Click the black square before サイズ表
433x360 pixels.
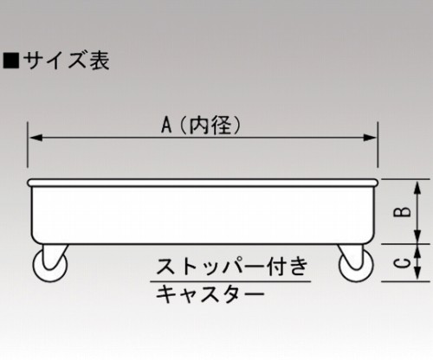[x=11, y=61]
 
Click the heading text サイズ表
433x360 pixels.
[x=67, y=61]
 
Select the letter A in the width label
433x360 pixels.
[x=166, y=125]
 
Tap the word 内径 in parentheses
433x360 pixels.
[x=210, y=125]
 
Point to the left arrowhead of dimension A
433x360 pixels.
[x=36, y=138]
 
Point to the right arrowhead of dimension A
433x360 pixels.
[x=370, y=138]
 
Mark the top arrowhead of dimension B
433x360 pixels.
[x=417, y=187]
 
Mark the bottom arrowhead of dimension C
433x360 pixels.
[x=417, y=273]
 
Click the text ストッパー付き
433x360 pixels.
[x=232, y=267]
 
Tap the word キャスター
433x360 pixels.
[x=210, y=294]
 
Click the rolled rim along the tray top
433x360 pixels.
[x=203, y=183]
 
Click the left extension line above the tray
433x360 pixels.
[x=28, y=145]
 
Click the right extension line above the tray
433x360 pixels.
[x=378, y=145]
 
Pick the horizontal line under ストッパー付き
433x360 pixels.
[x=230, y=280]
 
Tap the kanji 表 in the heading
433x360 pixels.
[x=100, y=61]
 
